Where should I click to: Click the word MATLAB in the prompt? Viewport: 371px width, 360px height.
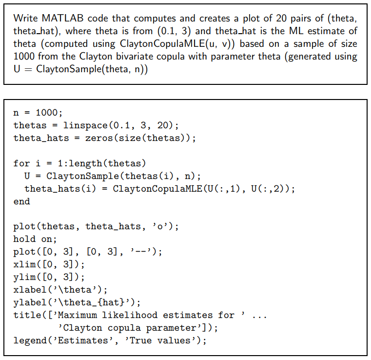62,18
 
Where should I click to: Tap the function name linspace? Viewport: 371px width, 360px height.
85,125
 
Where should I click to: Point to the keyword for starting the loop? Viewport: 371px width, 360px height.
21,163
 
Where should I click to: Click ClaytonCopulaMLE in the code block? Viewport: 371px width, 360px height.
157,189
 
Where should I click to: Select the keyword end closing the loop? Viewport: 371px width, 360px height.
21,201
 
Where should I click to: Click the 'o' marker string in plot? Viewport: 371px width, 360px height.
160,226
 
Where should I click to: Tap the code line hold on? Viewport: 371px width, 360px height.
35,239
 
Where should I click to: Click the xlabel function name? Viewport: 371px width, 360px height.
30,290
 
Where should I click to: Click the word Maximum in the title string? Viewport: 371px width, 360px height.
78,315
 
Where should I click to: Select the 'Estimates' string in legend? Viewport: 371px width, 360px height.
83,340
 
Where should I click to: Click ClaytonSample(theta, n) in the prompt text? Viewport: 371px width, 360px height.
92,69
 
